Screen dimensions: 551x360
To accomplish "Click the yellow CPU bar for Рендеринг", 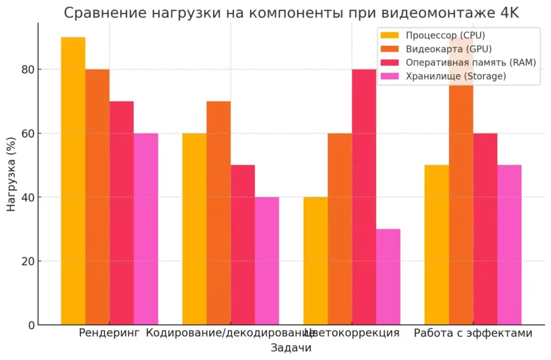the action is pyautogui.click(x=73, y=181).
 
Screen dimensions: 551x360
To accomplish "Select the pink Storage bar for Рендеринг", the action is pyautogui.click(x=146, y=229).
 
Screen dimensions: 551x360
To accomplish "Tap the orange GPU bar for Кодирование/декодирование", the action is pyautogui.click(x=218, y=213).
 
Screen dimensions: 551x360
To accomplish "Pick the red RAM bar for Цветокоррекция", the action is pyautogui.click(x=364, y=197).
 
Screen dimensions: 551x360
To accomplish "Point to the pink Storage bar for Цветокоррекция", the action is pyautogui.click(x=388, y=277).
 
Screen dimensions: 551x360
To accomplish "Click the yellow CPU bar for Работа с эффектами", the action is pyautogui.click(x=437, y=245).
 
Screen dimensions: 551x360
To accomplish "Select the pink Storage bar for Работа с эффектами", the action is pyautogui.click(x=510, y=245).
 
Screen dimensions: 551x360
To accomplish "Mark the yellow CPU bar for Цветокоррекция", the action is pyautogui.click(x=315, y=261).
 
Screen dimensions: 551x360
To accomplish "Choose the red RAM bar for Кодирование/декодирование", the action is pyautogui.click(x=243, y=245).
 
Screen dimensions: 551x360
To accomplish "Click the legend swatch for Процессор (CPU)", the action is pyautogui.click(x=390, y=35).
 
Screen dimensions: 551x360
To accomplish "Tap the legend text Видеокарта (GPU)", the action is pyautogui.click(x=449, y=49).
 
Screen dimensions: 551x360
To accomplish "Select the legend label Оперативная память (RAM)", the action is pyautogui.click(x=471, y=62).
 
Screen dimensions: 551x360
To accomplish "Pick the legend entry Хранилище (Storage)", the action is pyautogui.click(x=456, y=76).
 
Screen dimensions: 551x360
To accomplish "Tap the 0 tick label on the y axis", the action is pyautogui.click(x=32, y=325).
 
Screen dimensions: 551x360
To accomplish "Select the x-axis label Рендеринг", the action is pyautogui.click(x=109, y=333).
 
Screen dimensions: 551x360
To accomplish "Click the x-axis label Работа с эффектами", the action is pyautogui.click(x=473, y=333).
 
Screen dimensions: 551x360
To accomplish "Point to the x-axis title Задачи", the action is pyautogui.click(x=291, y=348).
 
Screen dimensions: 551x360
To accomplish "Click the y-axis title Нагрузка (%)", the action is pyautogui.click(x=11, y=174).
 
